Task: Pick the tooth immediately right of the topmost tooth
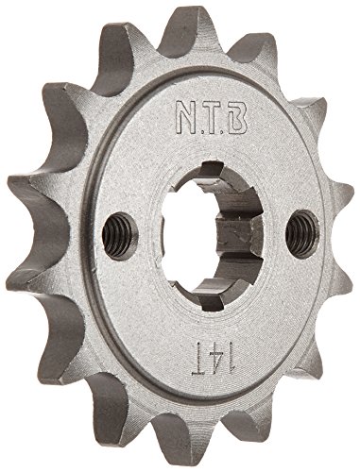click(255, 38)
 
